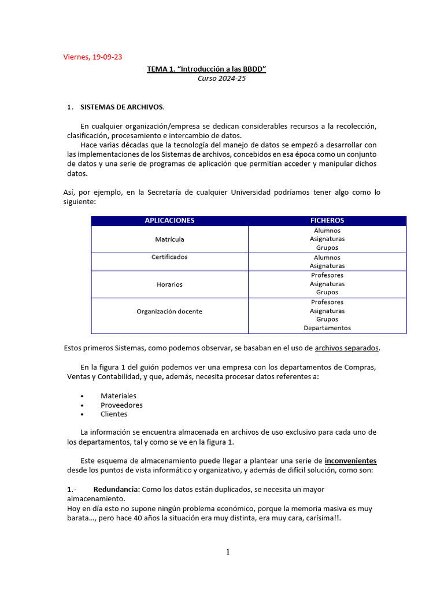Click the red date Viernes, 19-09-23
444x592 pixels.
click(92, 57)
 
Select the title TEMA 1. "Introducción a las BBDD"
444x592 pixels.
click(206, 69)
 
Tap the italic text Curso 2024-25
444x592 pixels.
click(221, 79)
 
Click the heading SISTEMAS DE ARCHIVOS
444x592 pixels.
click(122, 107)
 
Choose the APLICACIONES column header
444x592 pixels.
click(169, 221)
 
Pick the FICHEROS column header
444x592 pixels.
click(327, 221)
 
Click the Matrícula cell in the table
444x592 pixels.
click(169, 239)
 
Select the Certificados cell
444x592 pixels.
click(169, 257)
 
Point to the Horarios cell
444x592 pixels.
click(169, 284)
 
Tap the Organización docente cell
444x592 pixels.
click(169, 311)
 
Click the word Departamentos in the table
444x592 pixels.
click(327, 328)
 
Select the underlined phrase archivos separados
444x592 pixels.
click(347, 348)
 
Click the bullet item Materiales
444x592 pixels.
click(119, 396)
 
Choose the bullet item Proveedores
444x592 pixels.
click(121, 405)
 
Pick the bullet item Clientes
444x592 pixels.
click(114, 414)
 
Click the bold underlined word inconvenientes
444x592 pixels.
click(350, 461)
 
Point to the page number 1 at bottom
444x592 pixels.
click(228, 552)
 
